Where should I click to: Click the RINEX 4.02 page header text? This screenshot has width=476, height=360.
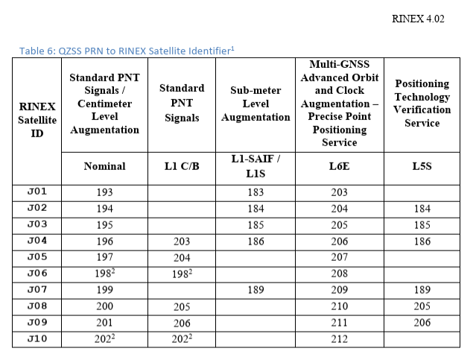417,19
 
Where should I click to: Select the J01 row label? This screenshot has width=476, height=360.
37,192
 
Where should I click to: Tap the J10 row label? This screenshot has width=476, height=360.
37,340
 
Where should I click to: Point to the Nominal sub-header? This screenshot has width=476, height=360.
104,166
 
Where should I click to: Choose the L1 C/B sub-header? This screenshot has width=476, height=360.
181,166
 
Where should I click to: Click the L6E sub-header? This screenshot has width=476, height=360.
339,166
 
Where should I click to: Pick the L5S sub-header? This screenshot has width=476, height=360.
422,166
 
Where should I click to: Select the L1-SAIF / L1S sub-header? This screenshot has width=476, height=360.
256,165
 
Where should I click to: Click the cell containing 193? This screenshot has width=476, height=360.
104,192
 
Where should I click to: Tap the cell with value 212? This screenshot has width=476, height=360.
339,340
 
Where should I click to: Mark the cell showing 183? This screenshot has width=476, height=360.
256,192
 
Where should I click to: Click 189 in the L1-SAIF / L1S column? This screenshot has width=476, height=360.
256,291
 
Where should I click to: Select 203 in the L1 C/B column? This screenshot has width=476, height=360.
181,241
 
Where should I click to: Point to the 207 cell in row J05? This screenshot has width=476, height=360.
339,258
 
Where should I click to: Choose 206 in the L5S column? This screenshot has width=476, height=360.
422,323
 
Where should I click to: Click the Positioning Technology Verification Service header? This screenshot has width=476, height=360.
422,103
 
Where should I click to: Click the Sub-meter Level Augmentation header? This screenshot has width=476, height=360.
256,104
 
